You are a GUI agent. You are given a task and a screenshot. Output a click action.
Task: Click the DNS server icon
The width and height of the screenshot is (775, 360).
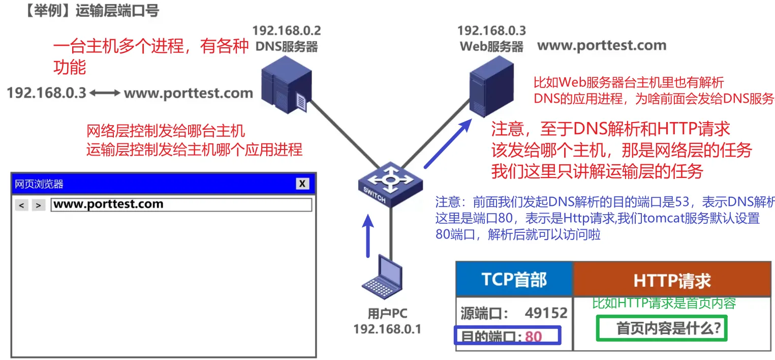tap(285, 86)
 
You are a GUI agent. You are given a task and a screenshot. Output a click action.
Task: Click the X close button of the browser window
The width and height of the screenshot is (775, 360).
tap(302, 184)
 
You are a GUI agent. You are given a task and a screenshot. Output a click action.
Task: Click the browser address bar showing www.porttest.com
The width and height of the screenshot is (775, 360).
tap(181, 205)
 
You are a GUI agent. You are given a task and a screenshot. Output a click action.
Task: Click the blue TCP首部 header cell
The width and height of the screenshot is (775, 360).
tap(514, 280)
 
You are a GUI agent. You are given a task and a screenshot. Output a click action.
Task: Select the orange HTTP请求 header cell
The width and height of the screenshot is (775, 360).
tap(672, 280)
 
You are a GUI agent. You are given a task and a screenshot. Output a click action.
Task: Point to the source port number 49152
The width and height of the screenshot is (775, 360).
tap(546, 313)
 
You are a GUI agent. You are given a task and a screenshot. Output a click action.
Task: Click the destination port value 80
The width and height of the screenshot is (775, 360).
tap(534, 337)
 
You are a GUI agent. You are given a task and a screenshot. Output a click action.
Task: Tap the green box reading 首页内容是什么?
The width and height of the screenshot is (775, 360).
tap(662, 328)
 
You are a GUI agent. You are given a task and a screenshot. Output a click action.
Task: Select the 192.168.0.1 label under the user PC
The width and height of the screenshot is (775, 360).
tap(387, 329)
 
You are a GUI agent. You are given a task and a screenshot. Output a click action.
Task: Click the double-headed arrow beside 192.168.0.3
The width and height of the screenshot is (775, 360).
tap(105, 94)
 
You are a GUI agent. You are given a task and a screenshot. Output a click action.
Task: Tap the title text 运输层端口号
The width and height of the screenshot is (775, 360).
tap(117, 11)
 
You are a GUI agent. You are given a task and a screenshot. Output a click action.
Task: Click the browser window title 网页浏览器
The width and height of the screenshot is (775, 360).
tap(39, 184)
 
